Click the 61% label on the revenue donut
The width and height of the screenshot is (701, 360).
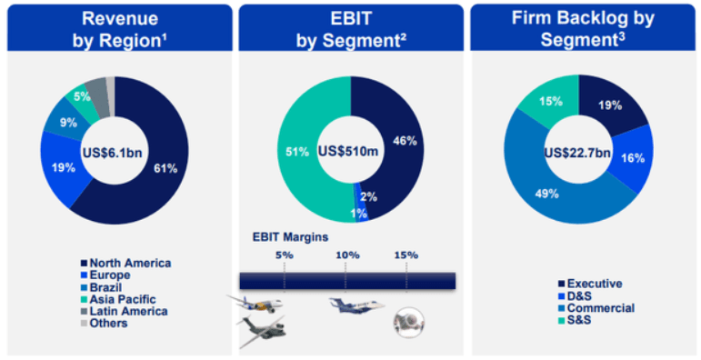tap(165, 168)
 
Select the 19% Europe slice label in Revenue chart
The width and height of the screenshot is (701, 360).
tap(64, 168)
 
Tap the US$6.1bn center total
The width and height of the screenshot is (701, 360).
tap(112, 153)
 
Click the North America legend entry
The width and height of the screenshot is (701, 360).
tap(125, 263)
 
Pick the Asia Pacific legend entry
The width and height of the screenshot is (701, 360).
tap(118, 299)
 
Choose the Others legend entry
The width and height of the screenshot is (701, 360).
tap(105, 324)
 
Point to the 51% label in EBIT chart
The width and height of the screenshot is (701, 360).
tap(297, 152)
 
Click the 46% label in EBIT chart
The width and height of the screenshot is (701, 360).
tap(405, 141)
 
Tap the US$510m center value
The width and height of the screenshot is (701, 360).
tap(348, 151)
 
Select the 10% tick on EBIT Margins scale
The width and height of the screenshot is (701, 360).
tap(348, 255)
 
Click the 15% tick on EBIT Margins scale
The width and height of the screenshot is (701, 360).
tap(406, 255)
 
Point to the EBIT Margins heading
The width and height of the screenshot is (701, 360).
tap(291, 236)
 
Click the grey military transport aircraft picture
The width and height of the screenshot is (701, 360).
tap(262, 330)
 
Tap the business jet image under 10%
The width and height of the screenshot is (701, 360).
tap(356, 305)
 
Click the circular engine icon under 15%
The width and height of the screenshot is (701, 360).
tap(408, 322)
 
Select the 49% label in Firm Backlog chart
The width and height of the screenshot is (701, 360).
tap(546, 194)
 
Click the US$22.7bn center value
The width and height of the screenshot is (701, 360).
tap(577, 153)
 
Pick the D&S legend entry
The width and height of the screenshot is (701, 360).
tap(575, 296)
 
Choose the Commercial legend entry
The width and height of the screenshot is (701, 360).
tap(596, 308)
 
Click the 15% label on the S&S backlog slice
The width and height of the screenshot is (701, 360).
tap(551, 102)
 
